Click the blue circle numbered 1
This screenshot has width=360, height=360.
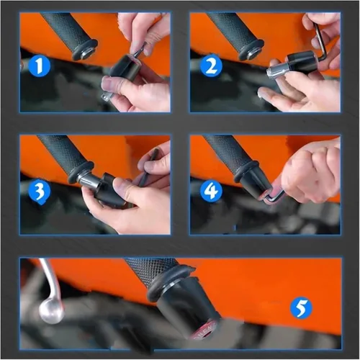[x=40, y=66]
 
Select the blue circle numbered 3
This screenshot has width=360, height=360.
[x=40, y=192]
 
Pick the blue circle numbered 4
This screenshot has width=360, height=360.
[x=211, y=192]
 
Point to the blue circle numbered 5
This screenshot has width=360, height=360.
[x=301, y=308]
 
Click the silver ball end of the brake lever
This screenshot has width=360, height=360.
[x=51, y=312]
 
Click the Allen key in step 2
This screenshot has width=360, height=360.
[x=320, y=45]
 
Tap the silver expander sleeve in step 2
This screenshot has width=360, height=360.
[x=276, y=71]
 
